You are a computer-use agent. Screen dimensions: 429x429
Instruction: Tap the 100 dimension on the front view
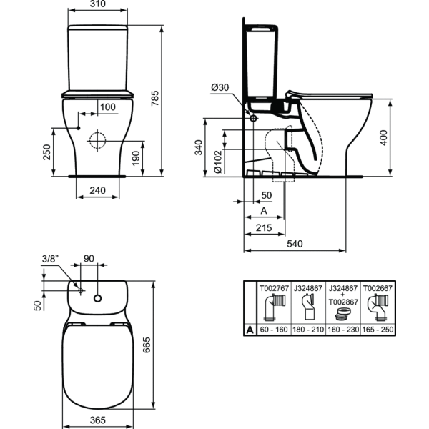tap(107, 107)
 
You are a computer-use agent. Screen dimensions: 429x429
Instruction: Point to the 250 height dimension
tap(46, 152)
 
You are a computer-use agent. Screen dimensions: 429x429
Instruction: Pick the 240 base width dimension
tap(97, 192)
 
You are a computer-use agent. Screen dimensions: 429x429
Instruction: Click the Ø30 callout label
tap(220, 87)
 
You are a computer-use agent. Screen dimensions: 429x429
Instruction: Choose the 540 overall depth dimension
tap(295, 245)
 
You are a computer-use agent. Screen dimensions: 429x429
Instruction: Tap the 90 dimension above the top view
tap(89, 258)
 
